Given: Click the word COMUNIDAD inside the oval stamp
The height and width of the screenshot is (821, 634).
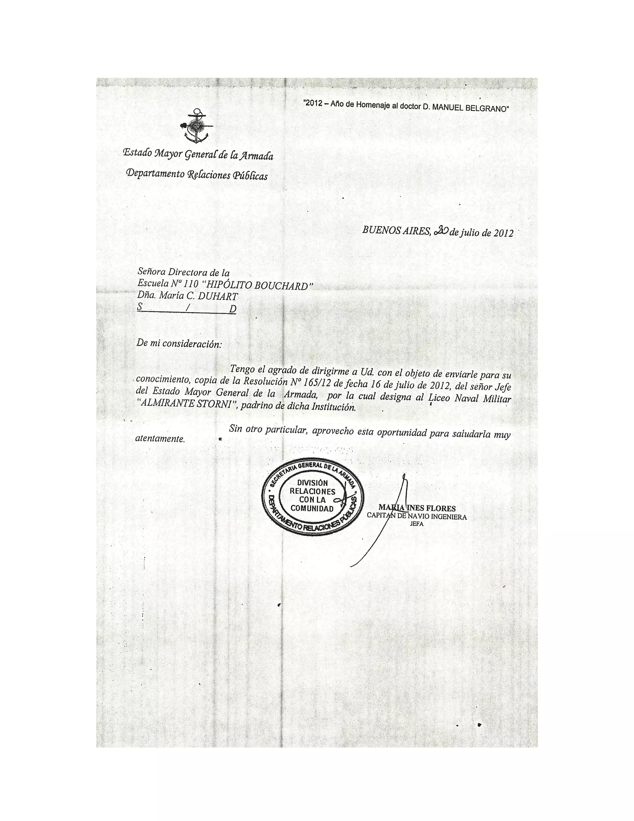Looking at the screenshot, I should click(x=312, y=509).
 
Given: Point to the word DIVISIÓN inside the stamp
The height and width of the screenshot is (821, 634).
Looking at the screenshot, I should click(x=312, y=483).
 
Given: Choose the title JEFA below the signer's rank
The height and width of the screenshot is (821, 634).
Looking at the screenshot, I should click(x=417, y=524).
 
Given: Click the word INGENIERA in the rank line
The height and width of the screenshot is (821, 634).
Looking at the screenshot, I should click(x=449, y=516).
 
